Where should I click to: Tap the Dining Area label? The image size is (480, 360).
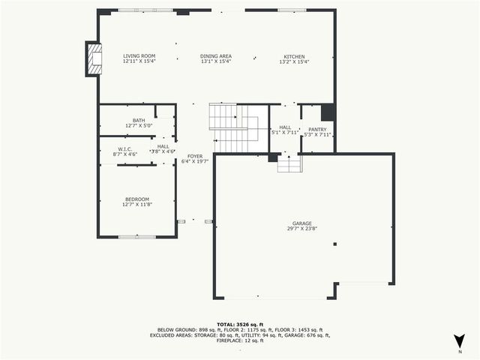click(215, 56)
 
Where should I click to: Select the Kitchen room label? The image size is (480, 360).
click(294, 56)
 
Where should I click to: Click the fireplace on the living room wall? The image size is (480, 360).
click(94, 58)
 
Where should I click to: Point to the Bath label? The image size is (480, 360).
click(139, 120)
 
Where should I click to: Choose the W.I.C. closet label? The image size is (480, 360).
click(125, 148)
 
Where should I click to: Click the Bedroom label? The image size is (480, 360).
click(137, 199)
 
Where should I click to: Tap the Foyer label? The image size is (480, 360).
click(193, 156)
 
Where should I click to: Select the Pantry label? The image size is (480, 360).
click(317, 129)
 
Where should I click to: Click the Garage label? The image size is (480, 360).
click(302, 223)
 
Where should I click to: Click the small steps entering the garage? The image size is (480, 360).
click(289, 163)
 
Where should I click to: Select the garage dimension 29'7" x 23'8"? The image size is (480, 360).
click(302, 228)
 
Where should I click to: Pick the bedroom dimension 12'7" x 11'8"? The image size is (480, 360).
click(137, 204)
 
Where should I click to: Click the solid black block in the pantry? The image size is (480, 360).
click(328, 112)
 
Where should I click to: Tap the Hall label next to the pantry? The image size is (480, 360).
click(285, 128)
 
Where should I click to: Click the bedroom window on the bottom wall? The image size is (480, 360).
click(137, 236)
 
